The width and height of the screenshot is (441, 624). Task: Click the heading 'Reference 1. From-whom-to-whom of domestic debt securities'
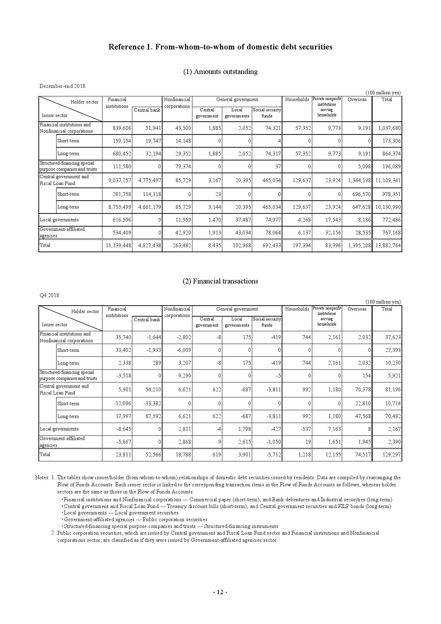220,47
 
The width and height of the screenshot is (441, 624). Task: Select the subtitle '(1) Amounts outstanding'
220,72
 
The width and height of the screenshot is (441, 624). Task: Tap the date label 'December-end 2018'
62,86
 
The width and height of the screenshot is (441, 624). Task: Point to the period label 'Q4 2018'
49,295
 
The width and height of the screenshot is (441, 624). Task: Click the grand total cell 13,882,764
388,245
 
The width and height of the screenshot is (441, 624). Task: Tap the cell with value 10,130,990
388,207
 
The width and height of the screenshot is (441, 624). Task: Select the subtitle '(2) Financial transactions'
220,281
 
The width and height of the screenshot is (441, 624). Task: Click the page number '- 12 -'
220,592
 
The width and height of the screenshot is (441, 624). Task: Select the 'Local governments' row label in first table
59,220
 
